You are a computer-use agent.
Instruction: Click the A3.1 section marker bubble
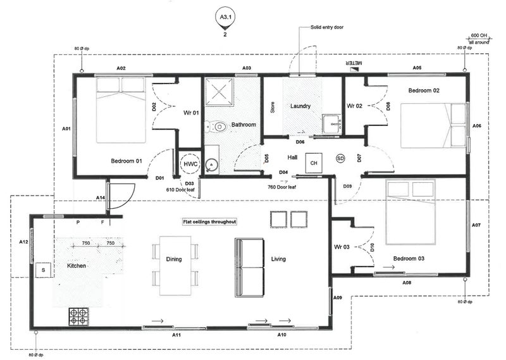(225, 18)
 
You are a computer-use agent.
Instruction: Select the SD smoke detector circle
(341, 158)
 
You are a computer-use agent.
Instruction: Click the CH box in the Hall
(313, 163)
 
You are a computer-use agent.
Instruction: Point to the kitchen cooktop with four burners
(78, 316)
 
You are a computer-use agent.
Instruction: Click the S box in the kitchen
(43, 270)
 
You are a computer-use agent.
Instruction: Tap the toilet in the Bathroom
(218, 127)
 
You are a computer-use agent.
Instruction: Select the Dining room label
(174, 259)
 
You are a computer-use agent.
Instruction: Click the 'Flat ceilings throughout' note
(209, 222)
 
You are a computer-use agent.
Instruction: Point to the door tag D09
(348, 186)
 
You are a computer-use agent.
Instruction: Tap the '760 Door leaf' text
(282, 187)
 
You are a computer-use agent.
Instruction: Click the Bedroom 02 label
(423, 91)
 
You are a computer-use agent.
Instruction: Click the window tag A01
(66, 128)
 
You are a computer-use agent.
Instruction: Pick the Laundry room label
(300, 106)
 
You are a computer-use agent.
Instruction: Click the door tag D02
(155, 107)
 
